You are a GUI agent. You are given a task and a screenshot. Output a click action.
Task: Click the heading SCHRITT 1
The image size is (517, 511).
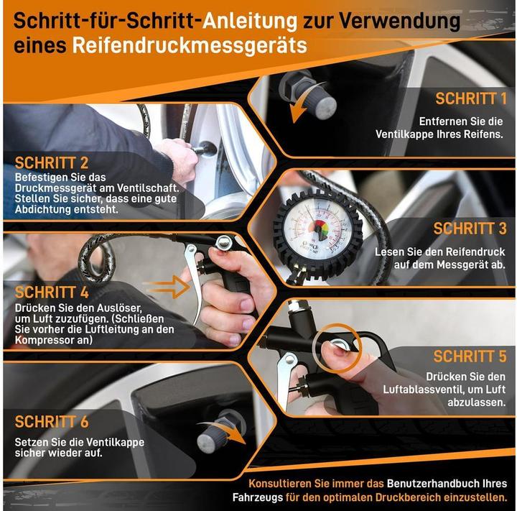471,98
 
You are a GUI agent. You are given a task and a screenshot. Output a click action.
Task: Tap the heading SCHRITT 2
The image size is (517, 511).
51,162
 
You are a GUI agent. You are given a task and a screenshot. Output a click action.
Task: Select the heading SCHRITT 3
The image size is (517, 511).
470,229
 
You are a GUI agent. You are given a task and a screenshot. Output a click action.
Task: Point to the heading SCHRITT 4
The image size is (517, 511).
51,292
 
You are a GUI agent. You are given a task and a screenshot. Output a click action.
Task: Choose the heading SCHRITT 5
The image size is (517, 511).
470,356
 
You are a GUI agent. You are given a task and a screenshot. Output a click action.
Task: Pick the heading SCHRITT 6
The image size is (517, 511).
51,421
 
